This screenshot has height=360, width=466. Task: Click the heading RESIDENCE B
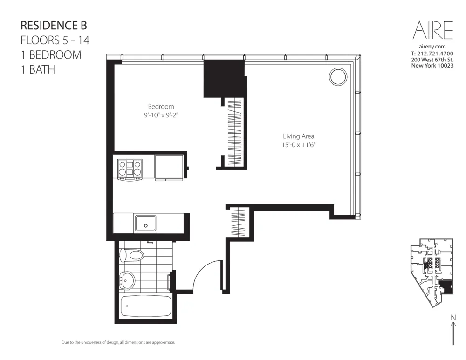point(54,25)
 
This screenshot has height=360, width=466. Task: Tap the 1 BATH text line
point(38,70)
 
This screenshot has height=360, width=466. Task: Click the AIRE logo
point(432,30)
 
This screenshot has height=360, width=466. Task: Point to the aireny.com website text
point(432,47)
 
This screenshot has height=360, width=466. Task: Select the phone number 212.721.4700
point(435,54)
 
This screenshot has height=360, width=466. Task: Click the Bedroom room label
point(161,107)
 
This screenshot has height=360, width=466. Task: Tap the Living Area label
point(298,136)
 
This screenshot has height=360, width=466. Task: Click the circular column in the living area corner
point(338,76)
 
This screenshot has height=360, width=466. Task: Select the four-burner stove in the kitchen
point(130,169)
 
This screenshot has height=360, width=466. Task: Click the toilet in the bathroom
point(132,255)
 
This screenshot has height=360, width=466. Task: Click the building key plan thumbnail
point(431,275)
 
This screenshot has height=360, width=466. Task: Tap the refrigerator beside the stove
point(169,168)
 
